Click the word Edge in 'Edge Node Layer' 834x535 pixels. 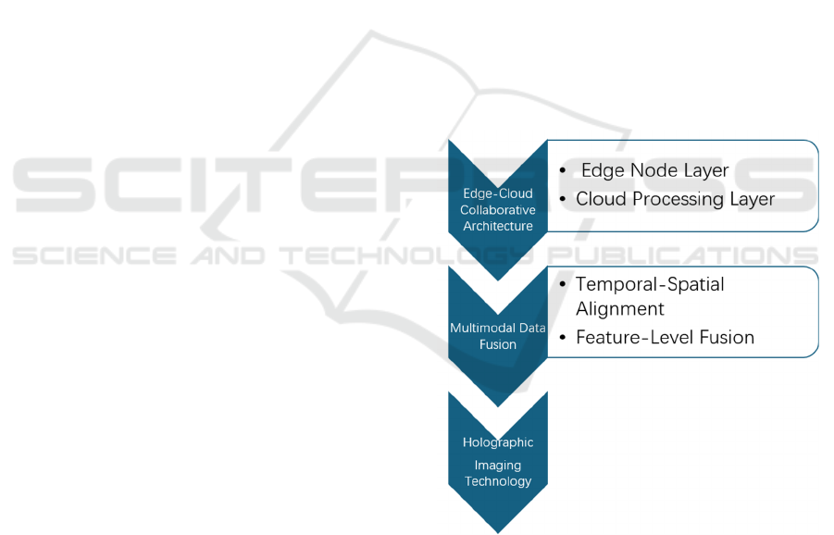point(601,171)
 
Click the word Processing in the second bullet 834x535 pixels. point(679,199)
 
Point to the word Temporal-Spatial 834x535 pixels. point(650,284)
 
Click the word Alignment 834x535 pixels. point(620,308)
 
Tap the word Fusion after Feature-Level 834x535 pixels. point(728,338)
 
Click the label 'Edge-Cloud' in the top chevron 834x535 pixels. point(498,194)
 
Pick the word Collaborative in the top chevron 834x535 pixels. point(498,210)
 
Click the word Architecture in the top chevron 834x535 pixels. point(498,226)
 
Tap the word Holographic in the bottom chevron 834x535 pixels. point(498,442)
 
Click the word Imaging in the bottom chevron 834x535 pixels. point(498,466)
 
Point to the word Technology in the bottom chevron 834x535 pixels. point(498,481)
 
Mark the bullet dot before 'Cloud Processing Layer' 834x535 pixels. point(563,200)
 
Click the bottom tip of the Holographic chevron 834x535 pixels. point(498,531)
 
